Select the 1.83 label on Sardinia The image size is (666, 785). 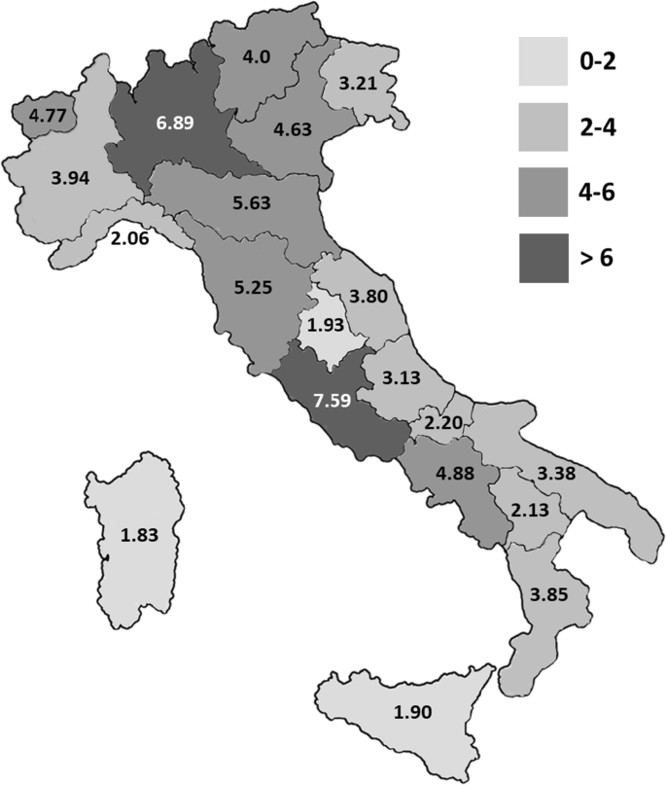click(140, 534)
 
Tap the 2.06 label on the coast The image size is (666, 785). click(129, 236)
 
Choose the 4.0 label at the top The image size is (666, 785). click(257, 56)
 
